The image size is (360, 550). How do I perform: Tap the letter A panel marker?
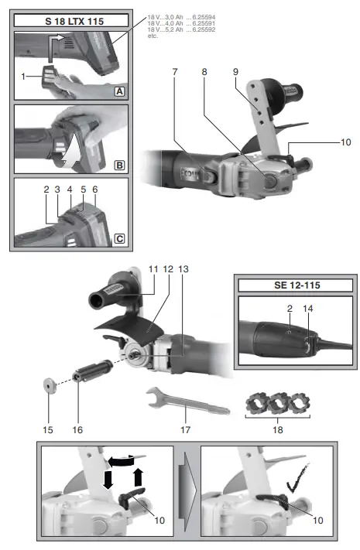tap(119, 90)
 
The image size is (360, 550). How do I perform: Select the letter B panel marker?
tap(119, 166)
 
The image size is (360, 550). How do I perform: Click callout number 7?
tap(176, 72)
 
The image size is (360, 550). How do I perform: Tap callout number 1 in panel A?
tap(25, 77)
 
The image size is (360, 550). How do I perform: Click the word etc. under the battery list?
tap(153, 35)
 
